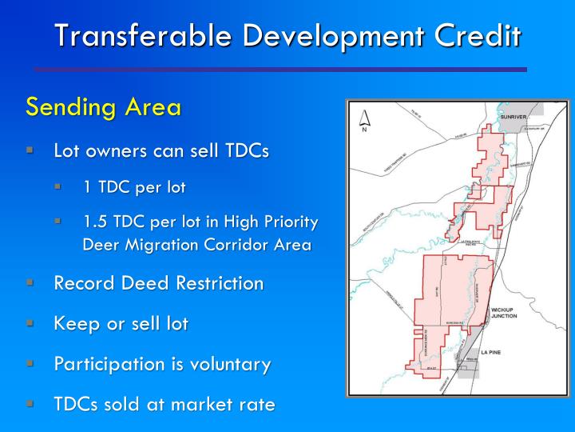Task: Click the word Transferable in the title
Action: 130,35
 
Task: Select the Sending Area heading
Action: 103,106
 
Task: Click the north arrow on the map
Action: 364,119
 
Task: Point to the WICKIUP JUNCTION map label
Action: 505,312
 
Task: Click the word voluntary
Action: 231,365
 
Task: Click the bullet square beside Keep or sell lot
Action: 30,323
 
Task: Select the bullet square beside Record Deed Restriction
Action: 30,282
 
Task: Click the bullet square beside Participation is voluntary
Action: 30,363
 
